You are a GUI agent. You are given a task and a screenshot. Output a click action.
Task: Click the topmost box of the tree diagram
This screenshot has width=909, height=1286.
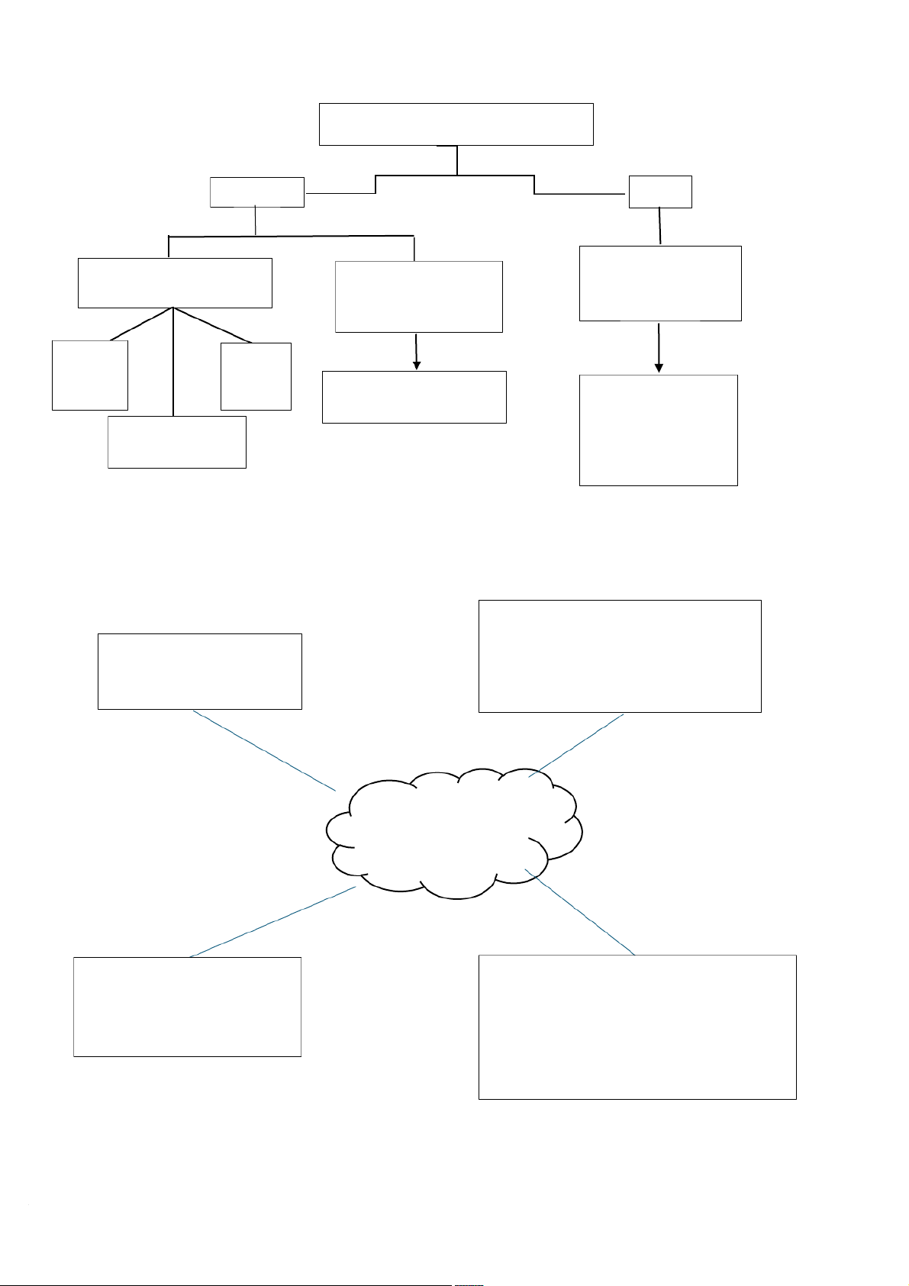pos(456,124)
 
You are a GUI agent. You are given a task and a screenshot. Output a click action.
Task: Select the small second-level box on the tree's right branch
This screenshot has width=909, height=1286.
pos(660,192)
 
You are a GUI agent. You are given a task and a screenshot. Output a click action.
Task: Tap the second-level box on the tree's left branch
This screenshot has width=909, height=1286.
pos(256,192)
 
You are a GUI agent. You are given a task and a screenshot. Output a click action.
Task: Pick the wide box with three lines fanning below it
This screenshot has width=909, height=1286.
pos(175,283)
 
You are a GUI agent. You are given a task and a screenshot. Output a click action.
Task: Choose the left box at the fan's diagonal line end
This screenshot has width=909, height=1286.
pos(89,375)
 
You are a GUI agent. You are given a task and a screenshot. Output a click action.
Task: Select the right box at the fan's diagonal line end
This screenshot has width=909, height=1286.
pos(256,376)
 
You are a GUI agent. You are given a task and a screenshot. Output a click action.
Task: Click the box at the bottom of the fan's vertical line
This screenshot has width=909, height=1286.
pos(177,442)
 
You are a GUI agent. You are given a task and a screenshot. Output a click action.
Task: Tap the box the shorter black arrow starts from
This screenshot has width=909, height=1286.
pos(418,297)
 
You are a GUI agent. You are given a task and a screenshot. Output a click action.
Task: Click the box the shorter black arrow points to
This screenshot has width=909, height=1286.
pos(414,397)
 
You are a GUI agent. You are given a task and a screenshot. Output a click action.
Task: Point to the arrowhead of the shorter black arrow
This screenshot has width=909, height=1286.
pos(417,365)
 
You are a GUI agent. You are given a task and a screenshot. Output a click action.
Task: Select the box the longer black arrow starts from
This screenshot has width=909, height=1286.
pos(660,283)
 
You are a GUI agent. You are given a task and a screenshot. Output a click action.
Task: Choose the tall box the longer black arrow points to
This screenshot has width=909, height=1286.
pos(658,430)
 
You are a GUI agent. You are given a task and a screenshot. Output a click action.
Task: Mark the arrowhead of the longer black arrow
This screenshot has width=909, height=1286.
pos(659,368)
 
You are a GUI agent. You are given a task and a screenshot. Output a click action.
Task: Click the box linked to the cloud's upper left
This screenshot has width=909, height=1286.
pos(200,671)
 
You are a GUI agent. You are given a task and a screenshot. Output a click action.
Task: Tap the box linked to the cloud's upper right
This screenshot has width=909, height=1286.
pos(620,656)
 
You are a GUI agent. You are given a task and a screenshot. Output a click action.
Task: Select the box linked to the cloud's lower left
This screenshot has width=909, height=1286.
pos(187,1007)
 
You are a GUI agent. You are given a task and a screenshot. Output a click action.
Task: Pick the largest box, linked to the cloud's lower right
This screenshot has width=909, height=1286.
pos(637,1027)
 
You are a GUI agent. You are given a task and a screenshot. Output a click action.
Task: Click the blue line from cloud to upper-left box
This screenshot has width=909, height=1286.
pos(264,750)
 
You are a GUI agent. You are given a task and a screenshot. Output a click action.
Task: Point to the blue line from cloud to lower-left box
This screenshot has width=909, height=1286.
pos(273,921)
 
